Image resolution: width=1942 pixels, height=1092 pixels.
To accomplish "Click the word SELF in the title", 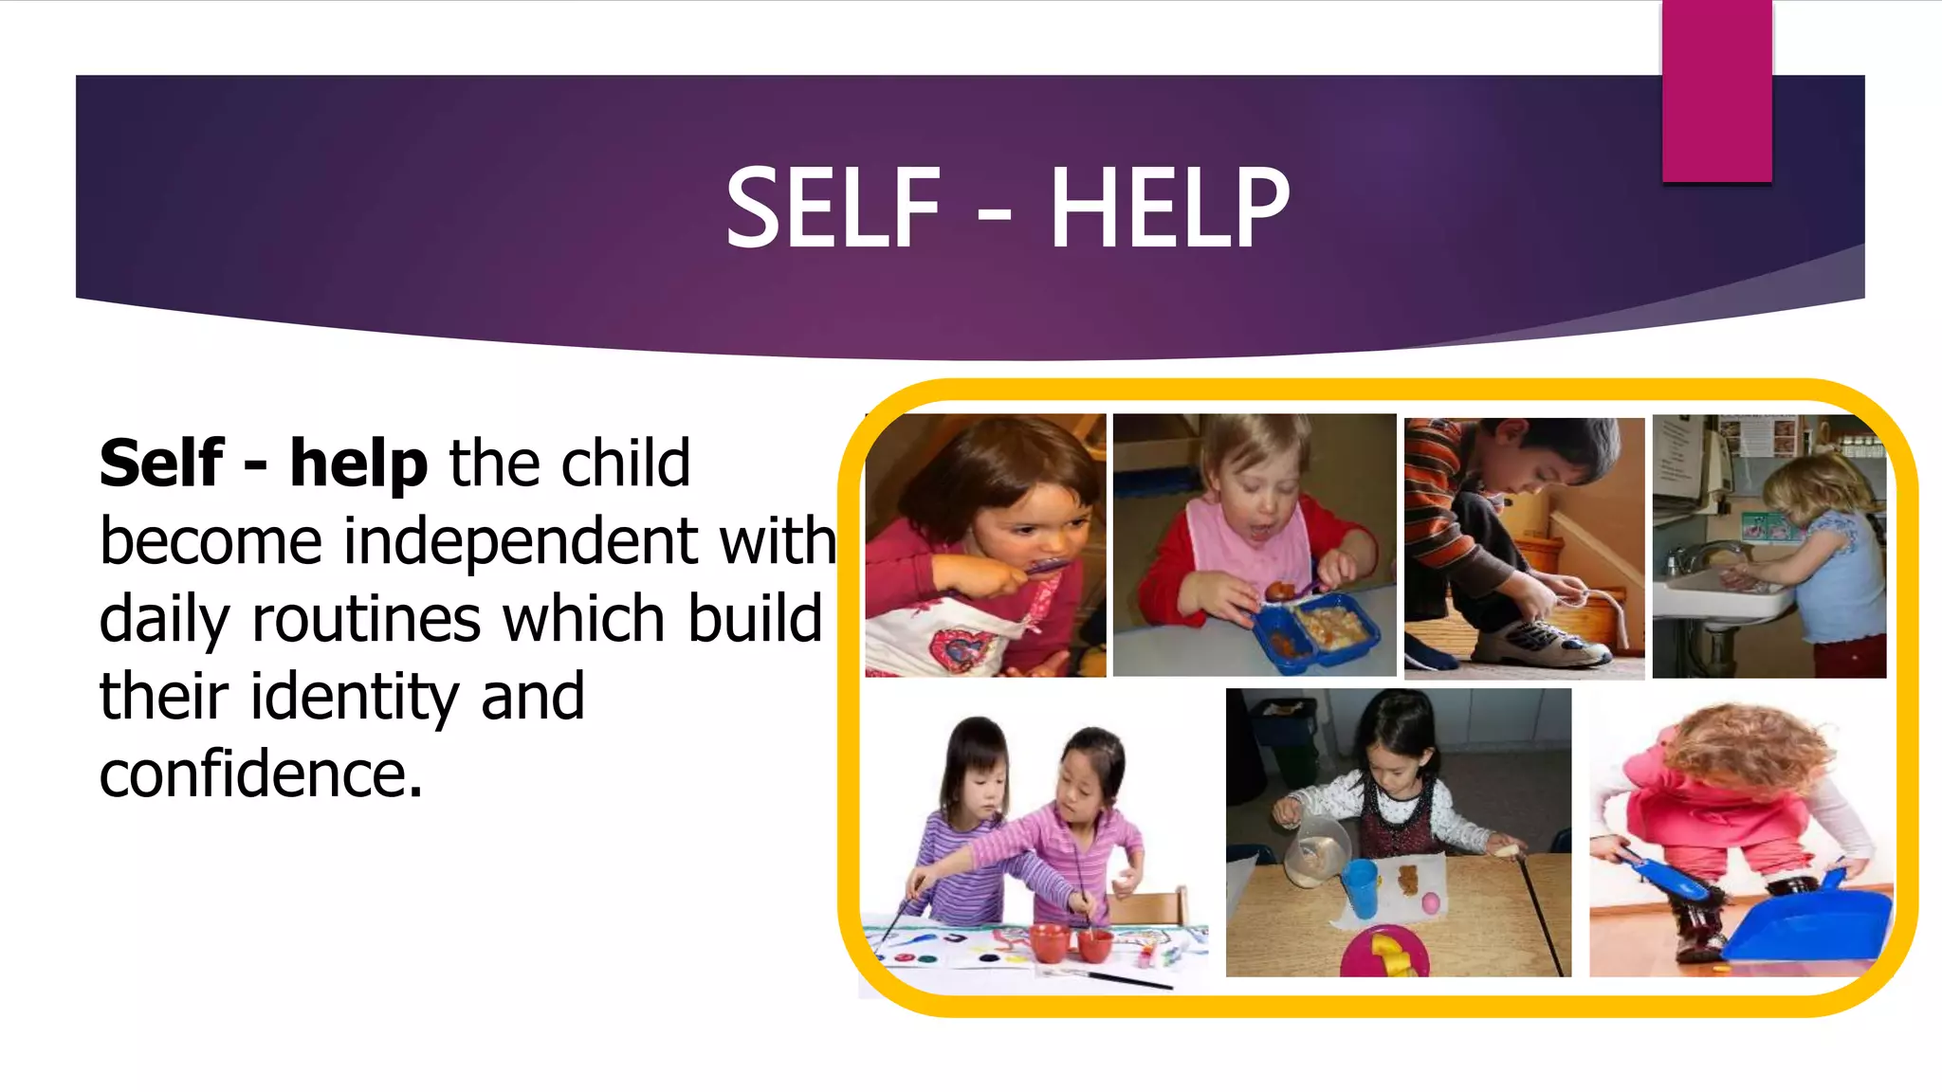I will point(833,208).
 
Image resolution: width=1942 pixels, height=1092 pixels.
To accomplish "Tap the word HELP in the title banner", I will point(1169,208).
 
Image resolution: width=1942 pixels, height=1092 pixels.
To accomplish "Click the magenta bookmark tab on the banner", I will point(1716,90).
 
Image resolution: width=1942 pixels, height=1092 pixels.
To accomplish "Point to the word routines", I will point(366,620).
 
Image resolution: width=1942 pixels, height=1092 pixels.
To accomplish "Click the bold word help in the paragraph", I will point(358,464).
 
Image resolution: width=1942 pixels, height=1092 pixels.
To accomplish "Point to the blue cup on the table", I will point(1360,887).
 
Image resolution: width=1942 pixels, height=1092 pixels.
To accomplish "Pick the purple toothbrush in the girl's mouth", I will point(1048,567).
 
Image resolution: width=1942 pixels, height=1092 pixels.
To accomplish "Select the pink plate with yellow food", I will point(1383,953).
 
